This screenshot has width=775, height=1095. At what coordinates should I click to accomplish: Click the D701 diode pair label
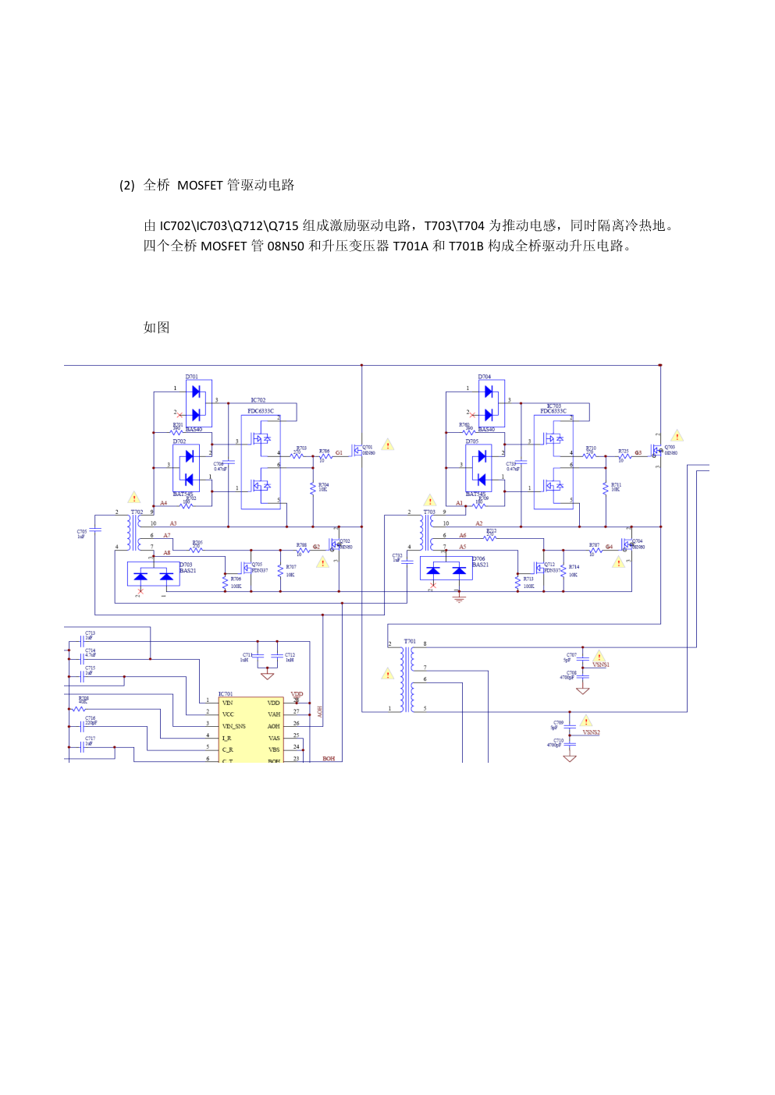click(191, 377)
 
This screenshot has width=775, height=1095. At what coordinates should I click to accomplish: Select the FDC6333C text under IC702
click(261, 411)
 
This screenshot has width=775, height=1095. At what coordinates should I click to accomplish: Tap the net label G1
click(339, 452)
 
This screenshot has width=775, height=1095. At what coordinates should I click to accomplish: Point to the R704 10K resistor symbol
click(313, 487)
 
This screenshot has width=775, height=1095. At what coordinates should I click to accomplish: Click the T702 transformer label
click(137, 512)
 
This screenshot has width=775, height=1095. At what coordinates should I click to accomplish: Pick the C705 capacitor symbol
click(95, 530)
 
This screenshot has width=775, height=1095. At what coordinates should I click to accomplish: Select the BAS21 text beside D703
click(187, 571)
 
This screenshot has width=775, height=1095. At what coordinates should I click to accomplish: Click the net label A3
click(173, 523)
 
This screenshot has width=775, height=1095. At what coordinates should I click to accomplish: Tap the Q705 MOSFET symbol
click(247, 568)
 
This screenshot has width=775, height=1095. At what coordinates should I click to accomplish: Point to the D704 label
click(485, 377)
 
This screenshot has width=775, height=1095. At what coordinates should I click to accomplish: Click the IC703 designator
click(553, 406)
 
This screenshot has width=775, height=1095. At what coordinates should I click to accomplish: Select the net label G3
click(638, 452)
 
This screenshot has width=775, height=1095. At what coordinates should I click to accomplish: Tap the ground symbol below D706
click(459, 598)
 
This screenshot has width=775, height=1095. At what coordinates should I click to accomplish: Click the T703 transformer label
click(429, 512)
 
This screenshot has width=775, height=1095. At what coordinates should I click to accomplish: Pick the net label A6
click(463, 535)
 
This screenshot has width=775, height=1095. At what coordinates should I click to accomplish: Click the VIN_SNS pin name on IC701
click(234, 726)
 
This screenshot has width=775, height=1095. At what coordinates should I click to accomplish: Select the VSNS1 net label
click(600, 665)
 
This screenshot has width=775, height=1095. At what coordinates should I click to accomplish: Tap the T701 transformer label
click(410, 641)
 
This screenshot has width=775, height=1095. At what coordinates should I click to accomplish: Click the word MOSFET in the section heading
click(200, 185)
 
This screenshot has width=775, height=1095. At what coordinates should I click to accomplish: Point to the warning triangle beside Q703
click(677, 436)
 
